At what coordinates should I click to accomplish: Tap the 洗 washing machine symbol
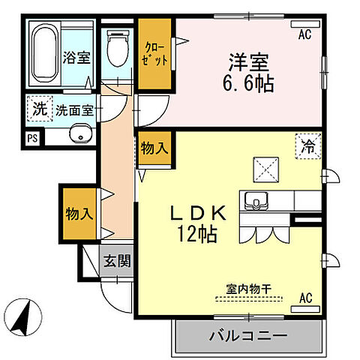coord(39,108)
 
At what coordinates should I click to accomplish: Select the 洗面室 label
coord(76,109)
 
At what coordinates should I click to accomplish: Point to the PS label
coord(31,138)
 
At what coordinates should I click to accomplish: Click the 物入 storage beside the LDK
coord(154,148)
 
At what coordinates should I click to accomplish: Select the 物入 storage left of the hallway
coord(79,213)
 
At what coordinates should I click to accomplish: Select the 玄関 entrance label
coord(117,261)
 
